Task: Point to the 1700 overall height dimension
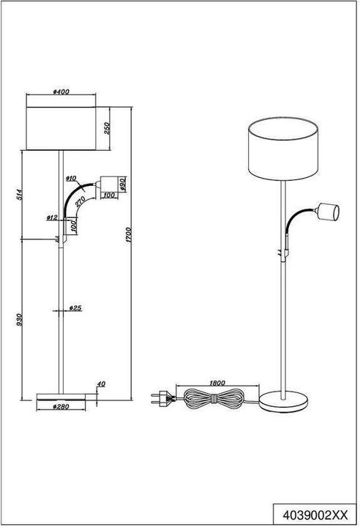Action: pos(129,235)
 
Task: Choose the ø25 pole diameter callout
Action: pos(74,308)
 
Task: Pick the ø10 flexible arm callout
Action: pos(72,178)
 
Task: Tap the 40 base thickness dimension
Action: pos(101,384)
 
